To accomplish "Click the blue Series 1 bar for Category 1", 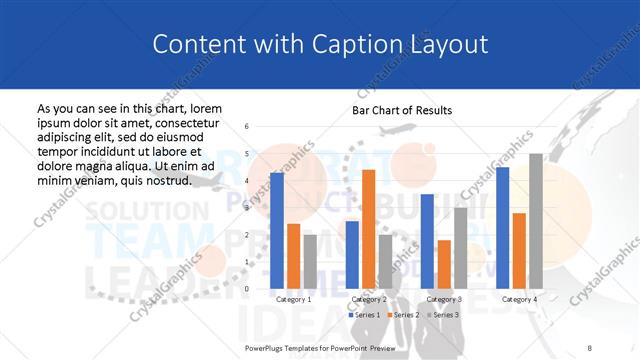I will pyautogui.click(x=277, y=230).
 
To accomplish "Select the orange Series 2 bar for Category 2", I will pyautogui.click(x=368, y=229).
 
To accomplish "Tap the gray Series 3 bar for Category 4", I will pyautogui.click(x=535, y=220).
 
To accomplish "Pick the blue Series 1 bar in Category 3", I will pyautogui.click(x=427, y=241).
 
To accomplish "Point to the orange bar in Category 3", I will pyautogui.click(x=444, y=264).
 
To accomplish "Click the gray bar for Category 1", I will pyautogui.click(x=310, y=261).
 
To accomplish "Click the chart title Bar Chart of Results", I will pyautogui.click(x=402, y=110).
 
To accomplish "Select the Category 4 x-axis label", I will pyautogui.click(x=519, y=299).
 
